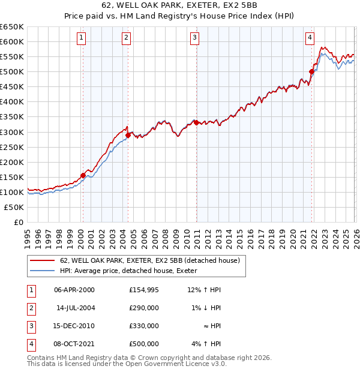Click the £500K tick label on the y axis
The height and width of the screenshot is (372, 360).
coord(12,72)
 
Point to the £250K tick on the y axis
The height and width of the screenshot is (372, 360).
coord(12,147)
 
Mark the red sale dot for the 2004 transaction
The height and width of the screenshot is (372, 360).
coord(127,135)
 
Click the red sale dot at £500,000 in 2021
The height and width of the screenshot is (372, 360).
coord(311,72)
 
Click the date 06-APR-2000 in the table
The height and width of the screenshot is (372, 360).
coord(74,290)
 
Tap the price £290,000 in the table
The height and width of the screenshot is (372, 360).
coord(143,308)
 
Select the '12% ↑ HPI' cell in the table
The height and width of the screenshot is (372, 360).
coord(204,290)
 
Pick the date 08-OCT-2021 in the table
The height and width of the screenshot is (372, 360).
coord(74,344)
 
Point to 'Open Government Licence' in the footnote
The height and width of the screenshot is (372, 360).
coord(173,364)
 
